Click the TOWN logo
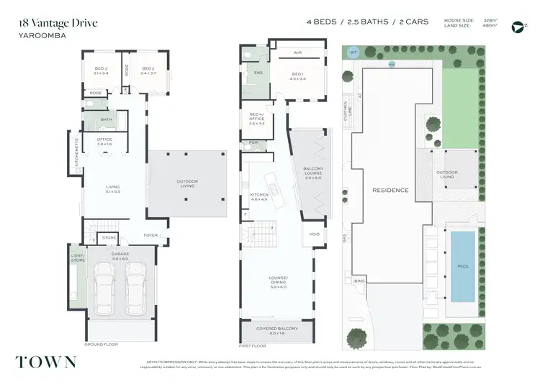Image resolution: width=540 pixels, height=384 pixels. (48, 361)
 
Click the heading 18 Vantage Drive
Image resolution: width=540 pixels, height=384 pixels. (58, 22)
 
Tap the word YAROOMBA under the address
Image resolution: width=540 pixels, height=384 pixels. (38, 33)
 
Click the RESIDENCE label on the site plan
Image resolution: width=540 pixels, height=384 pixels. (390, 191)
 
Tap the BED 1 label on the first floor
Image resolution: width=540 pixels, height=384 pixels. (298, 76)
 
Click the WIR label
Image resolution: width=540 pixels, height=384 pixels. (298, 52)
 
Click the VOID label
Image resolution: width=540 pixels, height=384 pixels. (315, 234)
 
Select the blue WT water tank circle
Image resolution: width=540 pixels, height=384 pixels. (354, 52)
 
